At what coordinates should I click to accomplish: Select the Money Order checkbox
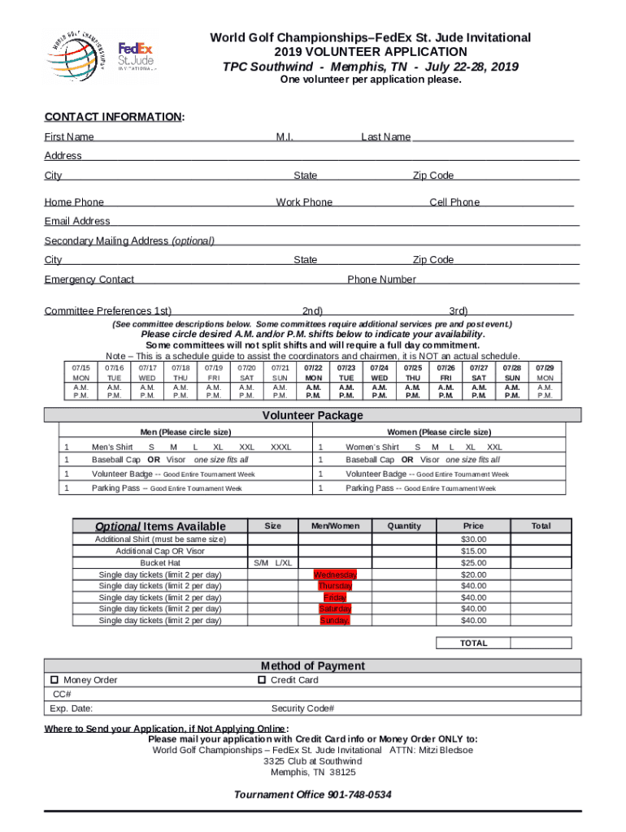pyautogui.click(x=54, y=680)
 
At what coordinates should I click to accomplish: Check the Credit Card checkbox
pyautogui.click(x=262, y=679)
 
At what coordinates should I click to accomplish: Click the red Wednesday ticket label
pyautogui.click(x=336, y=574)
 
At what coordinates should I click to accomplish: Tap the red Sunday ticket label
pyautogui.click(x=335, y=621)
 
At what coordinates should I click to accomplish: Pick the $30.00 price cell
pyautogui.click(x=473, y=539)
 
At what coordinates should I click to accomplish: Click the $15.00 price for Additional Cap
pyautogui.click(x=473, y=551)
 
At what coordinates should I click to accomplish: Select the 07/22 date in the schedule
pyautogui.click(x=313, y=368)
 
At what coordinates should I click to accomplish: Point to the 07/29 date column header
pyautogui.click(x=545, y=368)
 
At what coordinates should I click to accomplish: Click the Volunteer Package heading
pyautogui.click(x=312, y=415)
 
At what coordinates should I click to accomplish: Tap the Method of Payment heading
pyautogui.click(x=312, y=665)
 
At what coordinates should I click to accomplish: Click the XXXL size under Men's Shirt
pyautogui.click(x=280, y=447)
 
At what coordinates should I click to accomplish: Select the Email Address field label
pyautogui.click(x=77, y=221)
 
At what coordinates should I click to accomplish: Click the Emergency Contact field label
pyautogui.click(x=89, y=279)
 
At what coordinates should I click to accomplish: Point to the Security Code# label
pyautogui.click(x=302, y=708)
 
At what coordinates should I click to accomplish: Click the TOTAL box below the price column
pyautogui.click(x=473, y=643)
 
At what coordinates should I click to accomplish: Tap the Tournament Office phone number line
pyautogui.click(x=312, y=795)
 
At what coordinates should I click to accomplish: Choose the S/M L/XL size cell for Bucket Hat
pyautogui.click(x=273, y=563)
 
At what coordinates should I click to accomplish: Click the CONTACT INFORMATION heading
pyautogui.click(x=114, y=117)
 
